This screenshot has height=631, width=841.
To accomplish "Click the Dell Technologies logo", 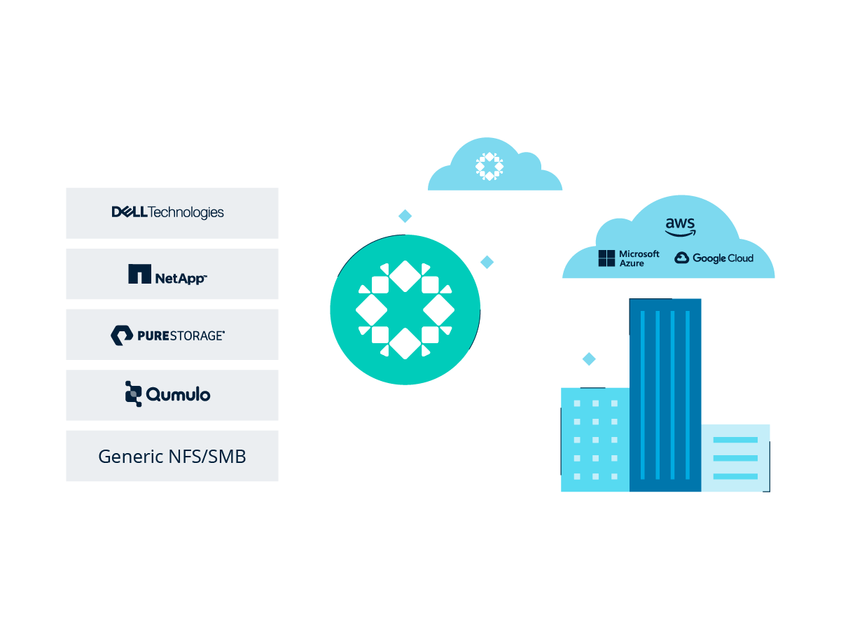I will click(x=168, y=212).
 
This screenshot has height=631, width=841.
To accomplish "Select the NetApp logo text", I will click(x=181, y=278).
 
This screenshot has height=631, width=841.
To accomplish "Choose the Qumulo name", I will click(x=178, y=394).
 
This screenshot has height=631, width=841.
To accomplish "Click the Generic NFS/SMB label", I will click(x=172, y=457).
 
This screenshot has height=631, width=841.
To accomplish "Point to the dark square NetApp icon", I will click(x=139, y=274).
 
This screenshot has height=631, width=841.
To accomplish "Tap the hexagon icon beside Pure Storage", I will click(x=121, y=335).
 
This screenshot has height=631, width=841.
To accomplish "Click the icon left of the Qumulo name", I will click(x=132, y=394).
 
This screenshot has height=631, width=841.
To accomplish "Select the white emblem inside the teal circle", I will click(x=405, y=310).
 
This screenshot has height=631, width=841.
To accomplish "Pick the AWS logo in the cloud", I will click(x=680, y=226).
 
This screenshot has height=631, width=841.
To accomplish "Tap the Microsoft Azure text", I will click(x=639, y=258).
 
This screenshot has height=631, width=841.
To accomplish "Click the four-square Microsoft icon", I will click(x=606, y=258).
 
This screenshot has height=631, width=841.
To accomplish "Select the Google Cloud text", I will click(x=723, y=258).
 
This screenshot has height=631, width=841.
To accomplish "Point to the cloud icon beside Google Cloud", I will click(x=682, y=258).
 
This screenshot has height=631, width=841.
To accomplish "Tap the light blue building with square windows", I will click(x=595, y=440).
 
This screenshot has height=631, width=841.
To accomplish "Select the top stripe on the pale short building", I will click(x=735, y=440).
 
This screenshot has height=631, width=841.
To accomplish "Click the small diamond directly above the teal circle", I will click(x=405, y=216).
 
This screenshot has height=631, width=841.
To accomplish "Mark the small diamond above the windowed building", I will click(x=590, y=359).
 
